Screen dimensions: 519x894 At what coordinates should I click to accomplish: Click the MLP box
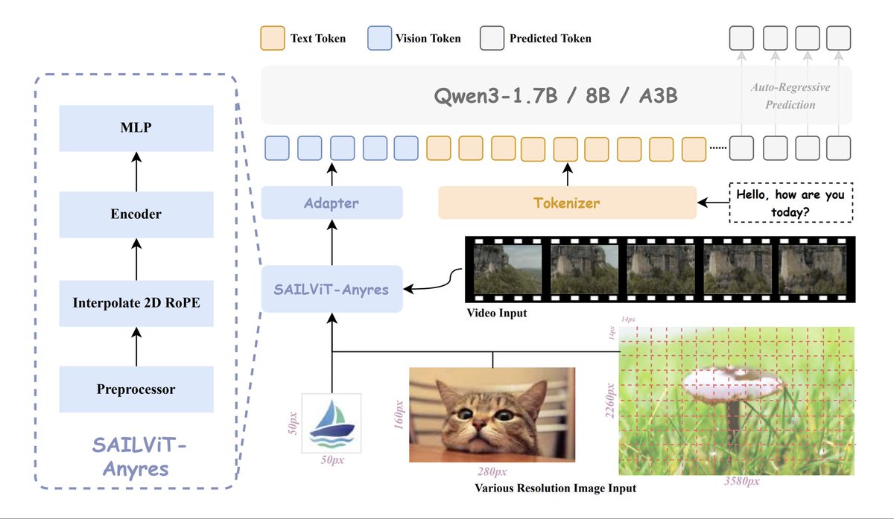click(136, 127)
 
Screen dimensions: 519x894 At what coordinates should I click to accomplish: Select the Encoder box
click(136, 214)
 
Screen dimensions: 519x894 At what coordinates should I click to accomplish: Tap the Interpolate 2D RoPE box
click(136, 302)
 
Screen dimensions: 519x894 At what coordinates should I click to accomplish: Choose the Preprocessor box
click(136, 389)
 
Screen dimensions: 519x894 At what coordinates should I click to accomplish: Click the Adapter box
click(332, 203)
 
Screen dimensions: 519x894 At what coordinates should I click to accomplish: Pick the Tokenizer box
click(567, 203)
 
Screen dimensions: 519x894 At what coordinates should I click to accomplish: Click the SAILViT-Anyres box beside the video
click(332, 289)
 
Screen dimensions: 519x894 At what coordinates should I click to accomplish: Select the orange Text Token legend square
click(272, 38)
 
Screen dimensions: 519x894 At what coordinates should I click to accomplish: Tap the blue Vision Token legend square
click(380, 38)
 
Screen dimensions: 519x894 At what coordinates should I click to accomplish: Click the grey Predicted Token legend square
click(492, 38)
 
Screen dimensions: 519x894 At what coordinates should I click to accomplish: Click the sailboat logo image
click(331, 422)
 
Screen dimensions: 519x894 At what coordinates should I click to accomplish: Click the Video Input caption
click(496, 313)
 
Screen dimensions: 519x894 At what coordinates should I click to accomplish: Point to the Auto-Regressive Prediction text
click(790, 96)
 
